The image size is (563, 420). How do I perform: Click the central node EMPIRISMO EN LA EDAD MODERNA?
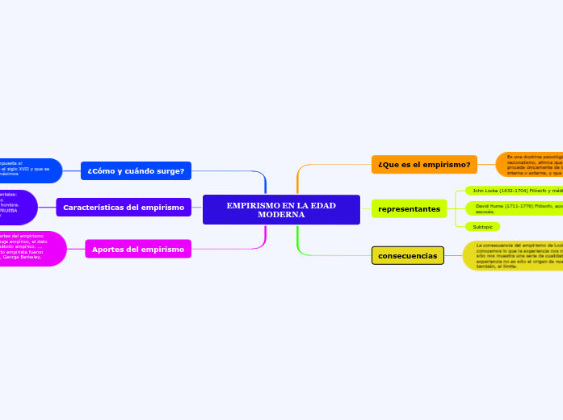[x=281, y=209]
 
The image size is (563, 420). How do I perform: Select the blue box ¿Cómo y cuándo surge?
[x=136, y=170]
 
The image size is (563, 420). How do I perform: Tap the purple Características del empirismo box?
[x=124, y=208]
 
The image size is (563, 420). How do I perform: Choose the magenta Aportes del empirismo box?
[x=138, y=249]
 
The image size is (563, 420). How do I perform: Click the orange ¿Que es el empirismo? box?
[x=424, y=165]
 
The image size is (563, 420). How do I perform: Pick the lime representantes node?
[x=409, y=209]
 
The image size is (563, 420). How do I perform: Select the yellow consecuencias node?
[x=408, y=255]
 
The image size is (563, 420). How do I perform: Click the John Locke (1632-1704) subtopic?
[x=515, y=191]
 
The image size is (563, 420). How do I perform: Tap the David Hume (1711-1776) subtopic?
[x=515, y=208]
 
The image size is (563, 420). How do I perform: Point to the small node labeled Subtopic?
[x=482, y=227]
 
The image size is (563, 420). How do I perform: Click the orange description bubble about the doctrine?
[x=530, y=165]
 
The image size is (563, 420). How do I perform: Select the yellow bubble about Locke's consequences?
[x=514, y=255]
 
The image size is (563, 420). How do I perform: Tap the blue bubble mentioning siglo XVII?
[x=28, y=170]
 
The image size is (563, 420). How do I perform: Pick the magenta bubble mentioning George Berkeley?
[x=31, y=249]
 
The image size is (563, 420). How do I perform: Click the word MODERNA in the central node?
[x=281, y=215]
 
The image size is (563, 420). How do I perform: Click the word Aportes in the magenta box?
[x=111, y=249]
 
